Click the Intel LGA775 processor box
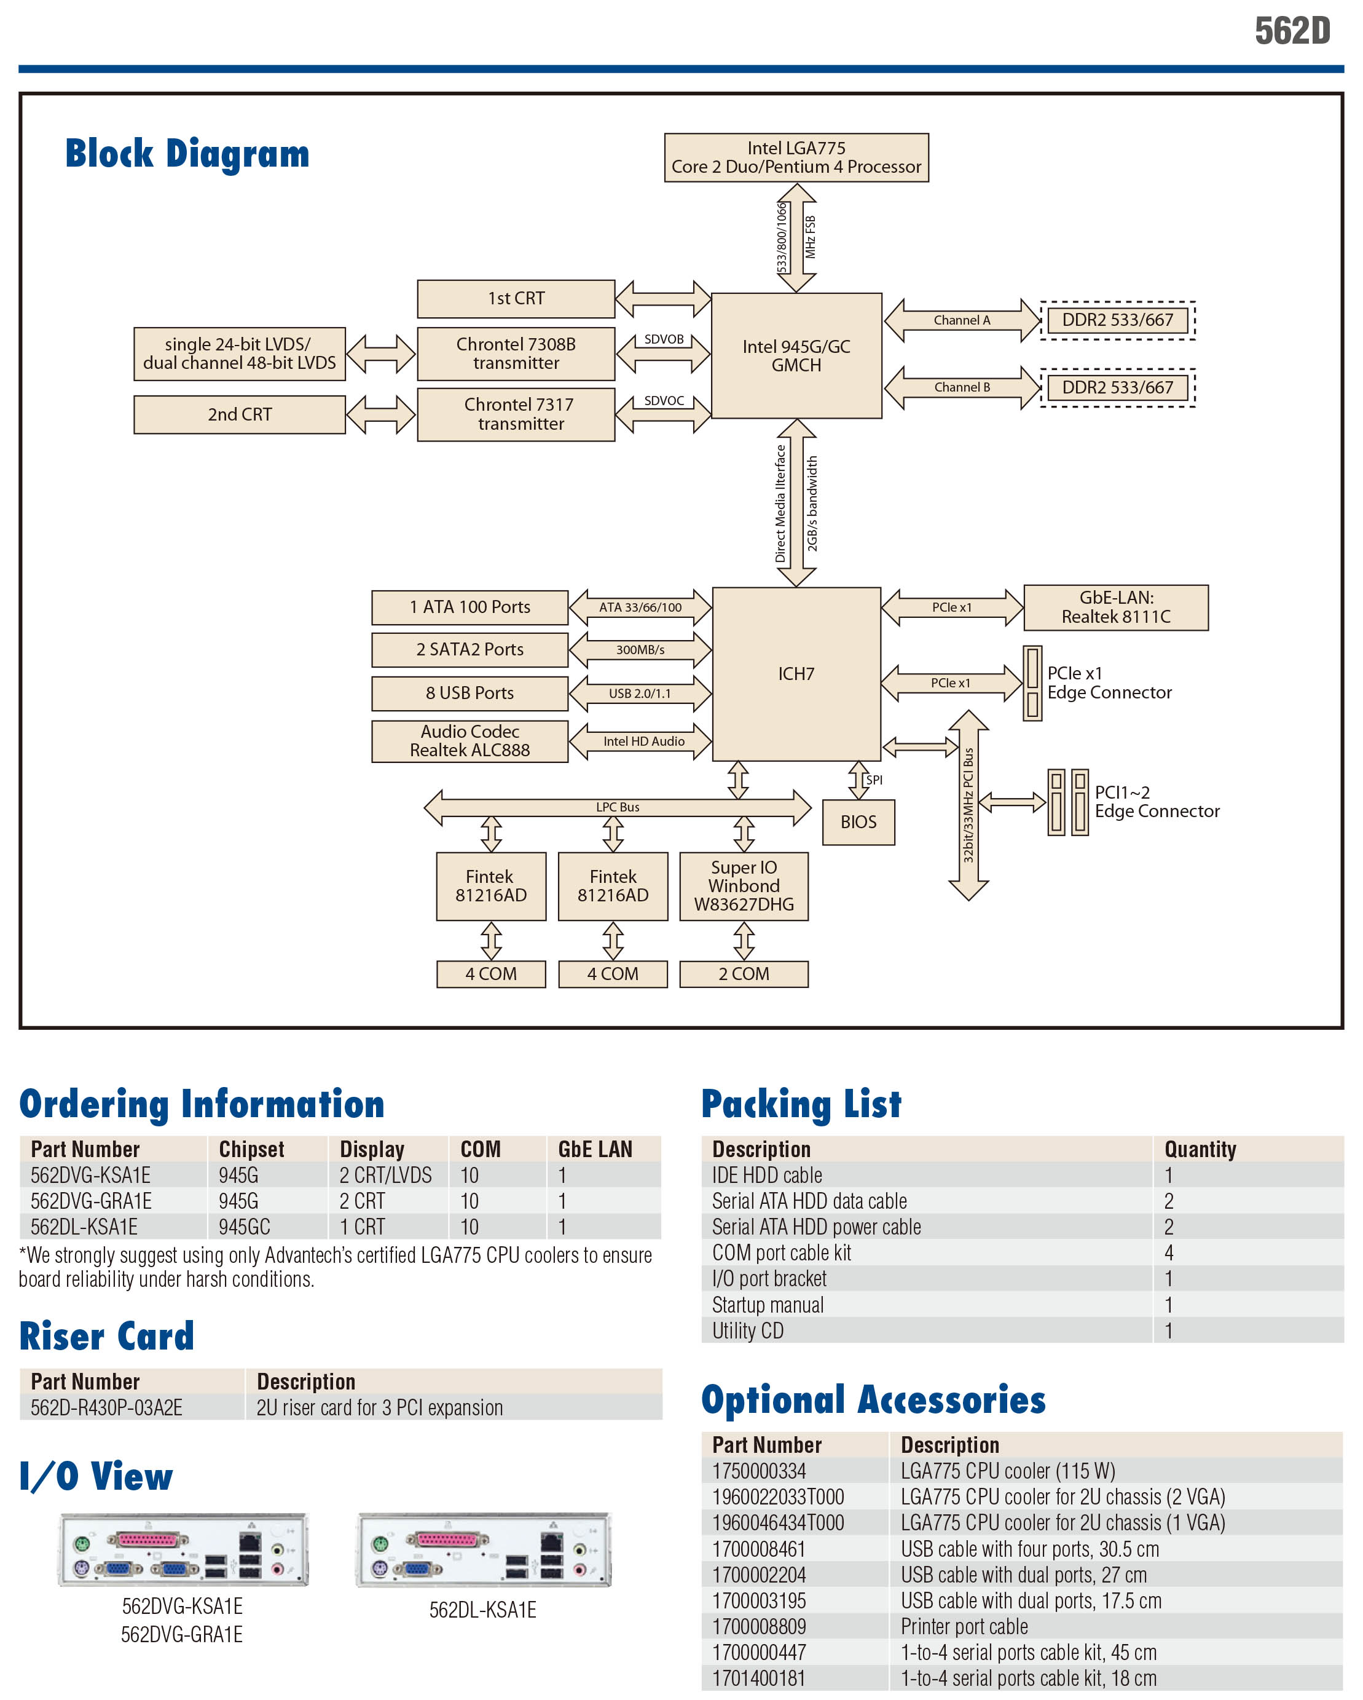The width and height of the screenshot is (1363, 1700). coord(796,157)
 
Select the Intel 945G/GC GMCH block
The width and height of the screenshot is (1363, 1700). coord(796,355)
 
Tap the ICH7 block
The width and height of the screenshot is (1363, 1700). coord(796,674)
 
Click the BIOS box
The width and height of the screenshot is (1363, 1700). coord(858,823)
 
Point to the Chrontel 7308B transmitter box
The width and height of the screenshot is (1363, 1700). coord(516,354)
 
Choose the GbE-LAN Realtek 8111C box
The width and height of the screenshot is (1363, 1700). coord(1115,608)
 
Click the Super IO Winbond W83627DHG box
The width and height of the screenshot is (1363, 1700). coord(744,886)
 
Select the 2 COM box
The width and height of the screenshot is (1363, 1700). coord(744,975)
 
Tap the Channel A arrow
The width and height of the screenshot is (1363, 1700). coord(962,320)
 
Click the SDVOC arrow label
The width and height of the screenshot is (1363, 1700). coord(664,400)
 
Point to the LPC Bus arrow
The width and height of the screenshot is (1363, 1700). coord(617,807)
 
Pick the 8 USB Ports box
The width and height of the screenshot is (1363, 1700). coord(470,693)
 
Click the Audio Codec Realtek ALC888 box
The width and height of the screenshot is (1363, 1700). coord(470,741)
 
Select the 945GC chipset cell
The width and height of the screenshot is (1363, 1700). coord(245,1227)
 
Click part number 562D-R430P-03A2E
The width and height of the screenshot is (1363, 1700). coord(106,1407)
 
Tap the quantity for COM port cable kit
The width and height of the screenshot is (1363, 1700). coord(1168,1253)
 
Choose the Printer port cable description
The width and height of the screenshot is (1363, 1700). coord(964,1627)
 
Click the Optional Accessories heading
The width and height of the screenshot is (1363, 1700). coord(873,1401)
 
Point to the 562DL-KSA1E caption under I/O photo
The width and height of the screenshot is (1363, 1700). coord(482,1610)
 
